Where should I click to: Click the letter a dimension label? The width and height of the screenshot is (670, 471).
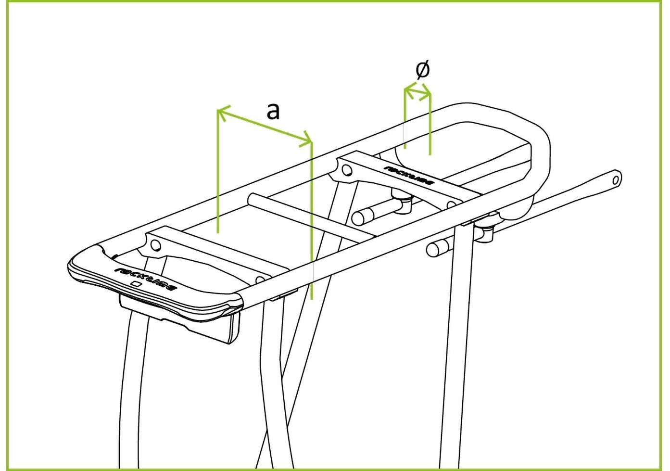coord(273,111)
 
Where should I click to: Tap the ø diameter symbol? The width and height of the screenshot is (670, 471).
coord(423,70)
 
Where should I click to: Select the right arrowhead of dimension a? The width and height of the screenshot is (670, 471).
coord(306,140)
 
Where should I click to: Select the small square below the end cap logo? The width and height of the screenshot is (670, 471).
coord(136,284)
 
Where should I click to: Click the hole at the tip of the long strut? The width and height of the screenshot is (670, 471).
coord(616,180)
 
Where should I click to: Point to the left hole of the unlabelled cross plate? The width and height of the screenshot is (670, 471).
coord(155,245)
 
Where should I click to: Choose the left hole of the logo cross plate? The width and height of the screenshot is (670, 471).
coord(347,170)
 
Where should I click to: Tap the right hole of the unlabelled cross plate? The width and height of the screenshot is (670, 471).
coord(260,280)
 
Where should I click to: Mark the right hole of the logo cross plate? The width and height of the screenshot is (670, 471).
coord(451,205)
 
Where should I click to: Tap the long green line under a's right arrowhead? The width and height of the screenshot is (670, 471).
coord(311,221)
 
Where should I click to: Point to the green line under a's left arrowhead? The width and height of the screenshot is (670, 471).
coord(218,171)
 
